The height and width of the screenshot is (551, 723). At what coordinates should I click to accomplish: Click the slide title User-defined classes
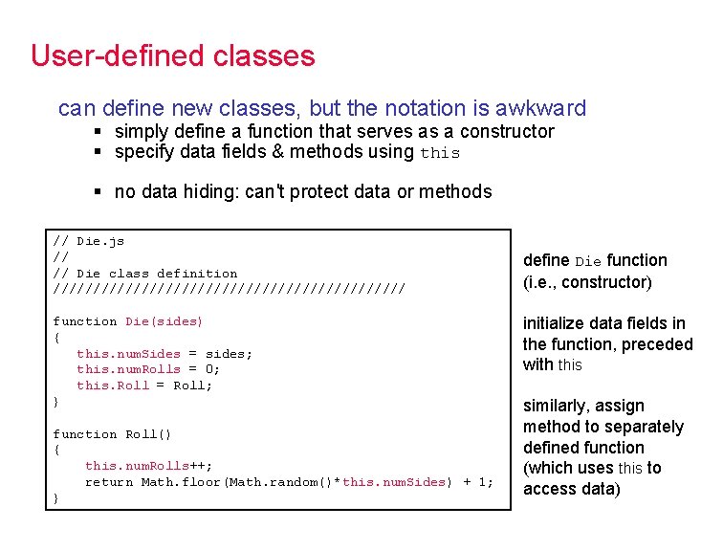coord(172,55)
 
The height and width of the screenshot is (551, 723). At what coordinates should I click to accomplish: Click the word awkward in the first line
coord(540,108)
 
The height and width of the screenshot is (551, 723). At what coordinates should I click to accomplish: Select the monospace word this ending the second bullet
coord(440,153)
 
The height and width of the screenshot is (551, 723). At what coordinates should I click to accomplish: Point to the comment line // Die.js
coord(89,241)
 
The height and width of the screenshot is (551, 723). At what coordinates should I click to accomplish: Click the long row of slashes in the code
coord(229,289)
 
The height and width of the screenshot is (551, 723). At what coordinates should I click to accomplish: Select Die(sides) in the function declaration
coord(164,321)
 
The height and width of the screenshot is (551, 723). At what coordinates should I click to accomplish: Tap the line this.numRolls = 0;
coord(148,370)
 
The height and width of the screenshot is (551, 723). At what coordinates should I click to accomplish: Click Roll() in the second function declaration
coord(148,434)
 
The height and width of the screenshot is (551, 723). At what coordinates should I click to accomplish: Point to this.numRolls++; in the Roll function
coord(148,466)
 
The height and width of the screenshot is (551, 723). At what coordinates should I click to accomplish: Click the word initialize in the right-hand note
coord(553,323)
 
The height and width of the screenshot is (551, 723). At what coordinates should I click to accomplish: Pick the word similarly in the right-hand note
coord(558,406)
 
